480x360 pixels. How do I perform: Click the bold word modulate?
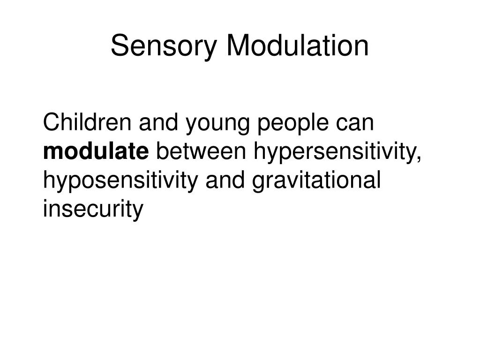(96, 152)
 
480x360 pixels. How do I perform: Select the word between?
(202, 152)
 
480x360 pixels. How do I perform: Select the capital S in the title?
(119, 46)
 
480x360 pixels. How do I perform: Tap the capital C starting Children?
(50, 123)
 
